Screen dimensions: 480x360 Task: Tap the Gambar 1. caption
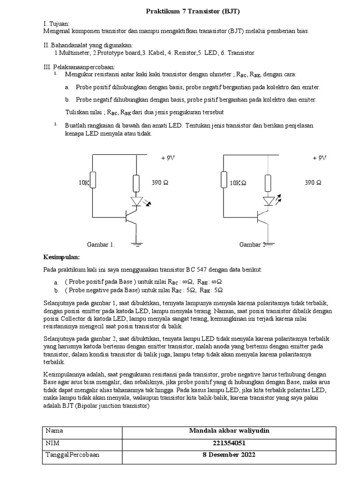point(101,244)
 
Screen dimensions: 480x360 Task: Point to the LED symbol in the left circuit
point(137,202)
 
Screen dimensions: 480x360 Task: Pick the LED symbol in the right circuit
point(269,202)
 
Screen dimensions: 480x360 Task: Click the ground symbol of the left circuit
point(137,243)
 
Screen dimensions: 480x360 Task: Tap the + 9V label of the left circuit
point(167,158)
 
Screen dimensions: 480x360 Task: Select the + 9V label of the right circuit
point(320,158)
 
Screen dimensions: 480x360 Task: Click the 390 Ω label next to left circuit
point(160,182)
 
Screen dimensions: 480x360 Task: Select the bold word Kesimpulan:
point(62,258)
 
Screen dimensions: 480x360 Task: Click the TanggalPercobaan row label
point(72,455)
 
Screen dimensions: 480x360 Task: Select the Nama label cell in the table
point(54,431)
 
